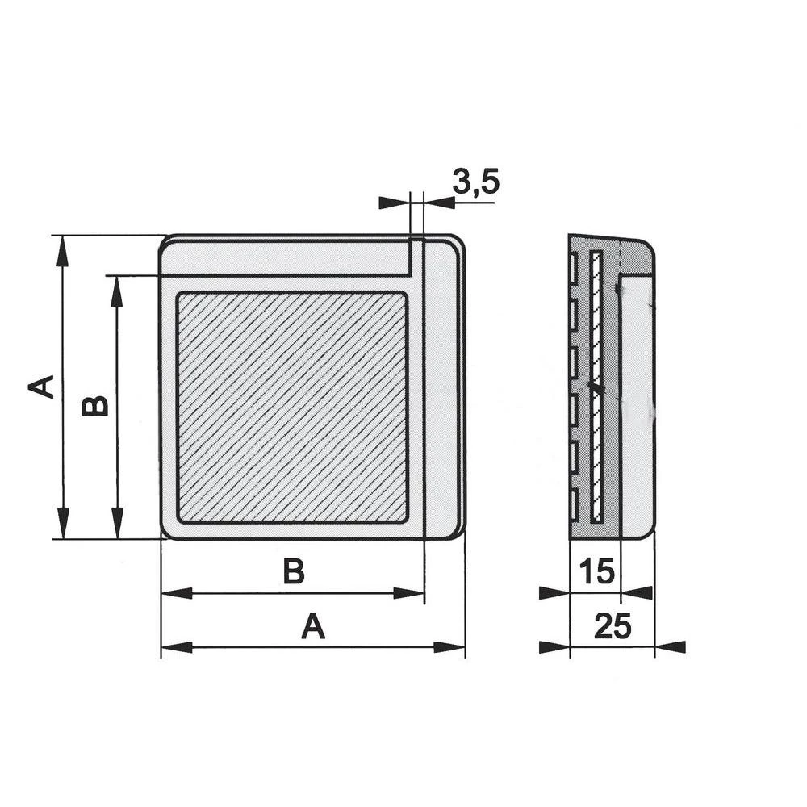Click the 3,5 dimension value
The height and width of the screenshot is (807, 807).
pos(476,182)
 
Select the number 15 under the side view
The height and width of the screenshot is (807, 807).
pos(597,572)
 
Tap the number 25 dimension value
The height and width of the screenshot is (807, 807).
pos(612,626)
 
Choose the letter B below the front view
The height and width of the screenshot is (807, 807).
pos(294,572)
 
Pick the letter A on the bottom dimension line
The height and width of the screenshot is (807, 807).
pos(313,626)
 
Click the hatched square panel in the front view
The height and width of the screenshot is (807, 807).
pos(292,407)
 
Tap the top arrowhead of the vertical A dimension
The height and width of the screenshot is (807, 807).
pos(62,250)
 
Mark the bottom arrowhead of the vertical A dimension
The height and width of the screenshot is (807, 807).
pos(62,524)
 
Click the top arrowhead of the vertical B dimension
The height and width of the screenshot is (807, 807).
pos(117,291)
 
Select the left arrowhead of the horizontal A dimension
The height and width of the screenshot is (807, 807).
pos(177,647)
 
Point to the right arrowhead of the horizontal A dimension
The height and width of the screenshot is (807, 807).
pos(449,647)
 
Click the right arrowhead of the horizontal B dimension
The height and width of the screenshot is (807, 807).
pos(409,593)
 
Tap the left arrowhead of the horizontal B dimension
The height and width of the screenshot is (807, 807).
pos(177,593)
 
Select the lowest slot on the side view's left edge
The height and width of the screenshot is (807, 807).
pos(573,504)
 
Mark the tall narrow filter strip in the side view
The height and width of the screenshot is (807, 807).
pos(596,386)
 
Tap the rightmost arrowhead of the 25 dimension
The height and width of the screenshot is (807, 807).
pos(671,647)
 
